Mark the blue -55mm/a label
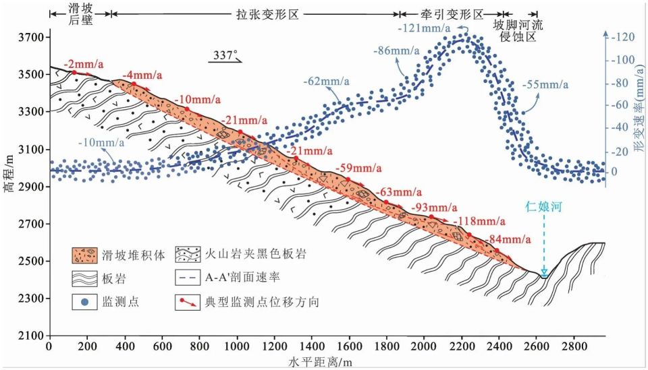545,85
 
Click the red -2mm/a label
84,64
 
